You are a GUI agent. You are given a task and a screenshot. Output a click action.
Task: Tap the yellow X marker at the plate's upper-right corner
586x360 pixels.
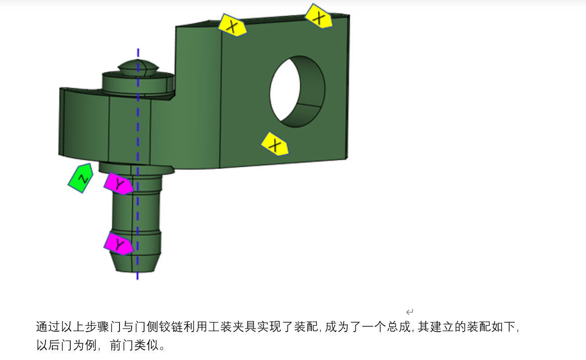[319, 17]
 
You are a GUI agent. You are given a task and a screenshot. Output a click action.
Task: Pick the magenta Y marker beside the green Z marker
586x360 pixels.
[119, 183]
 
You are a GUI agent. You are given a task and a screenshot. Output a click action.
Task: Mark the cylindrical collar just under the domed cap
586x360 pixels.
[137, 84]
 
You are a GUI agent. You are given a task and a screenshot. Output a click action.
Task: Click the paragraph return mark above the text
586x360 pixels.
[410, 312]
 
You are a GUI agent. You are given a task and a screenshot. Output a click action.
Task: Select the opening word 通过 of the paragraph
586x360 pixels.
[46, 327]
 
